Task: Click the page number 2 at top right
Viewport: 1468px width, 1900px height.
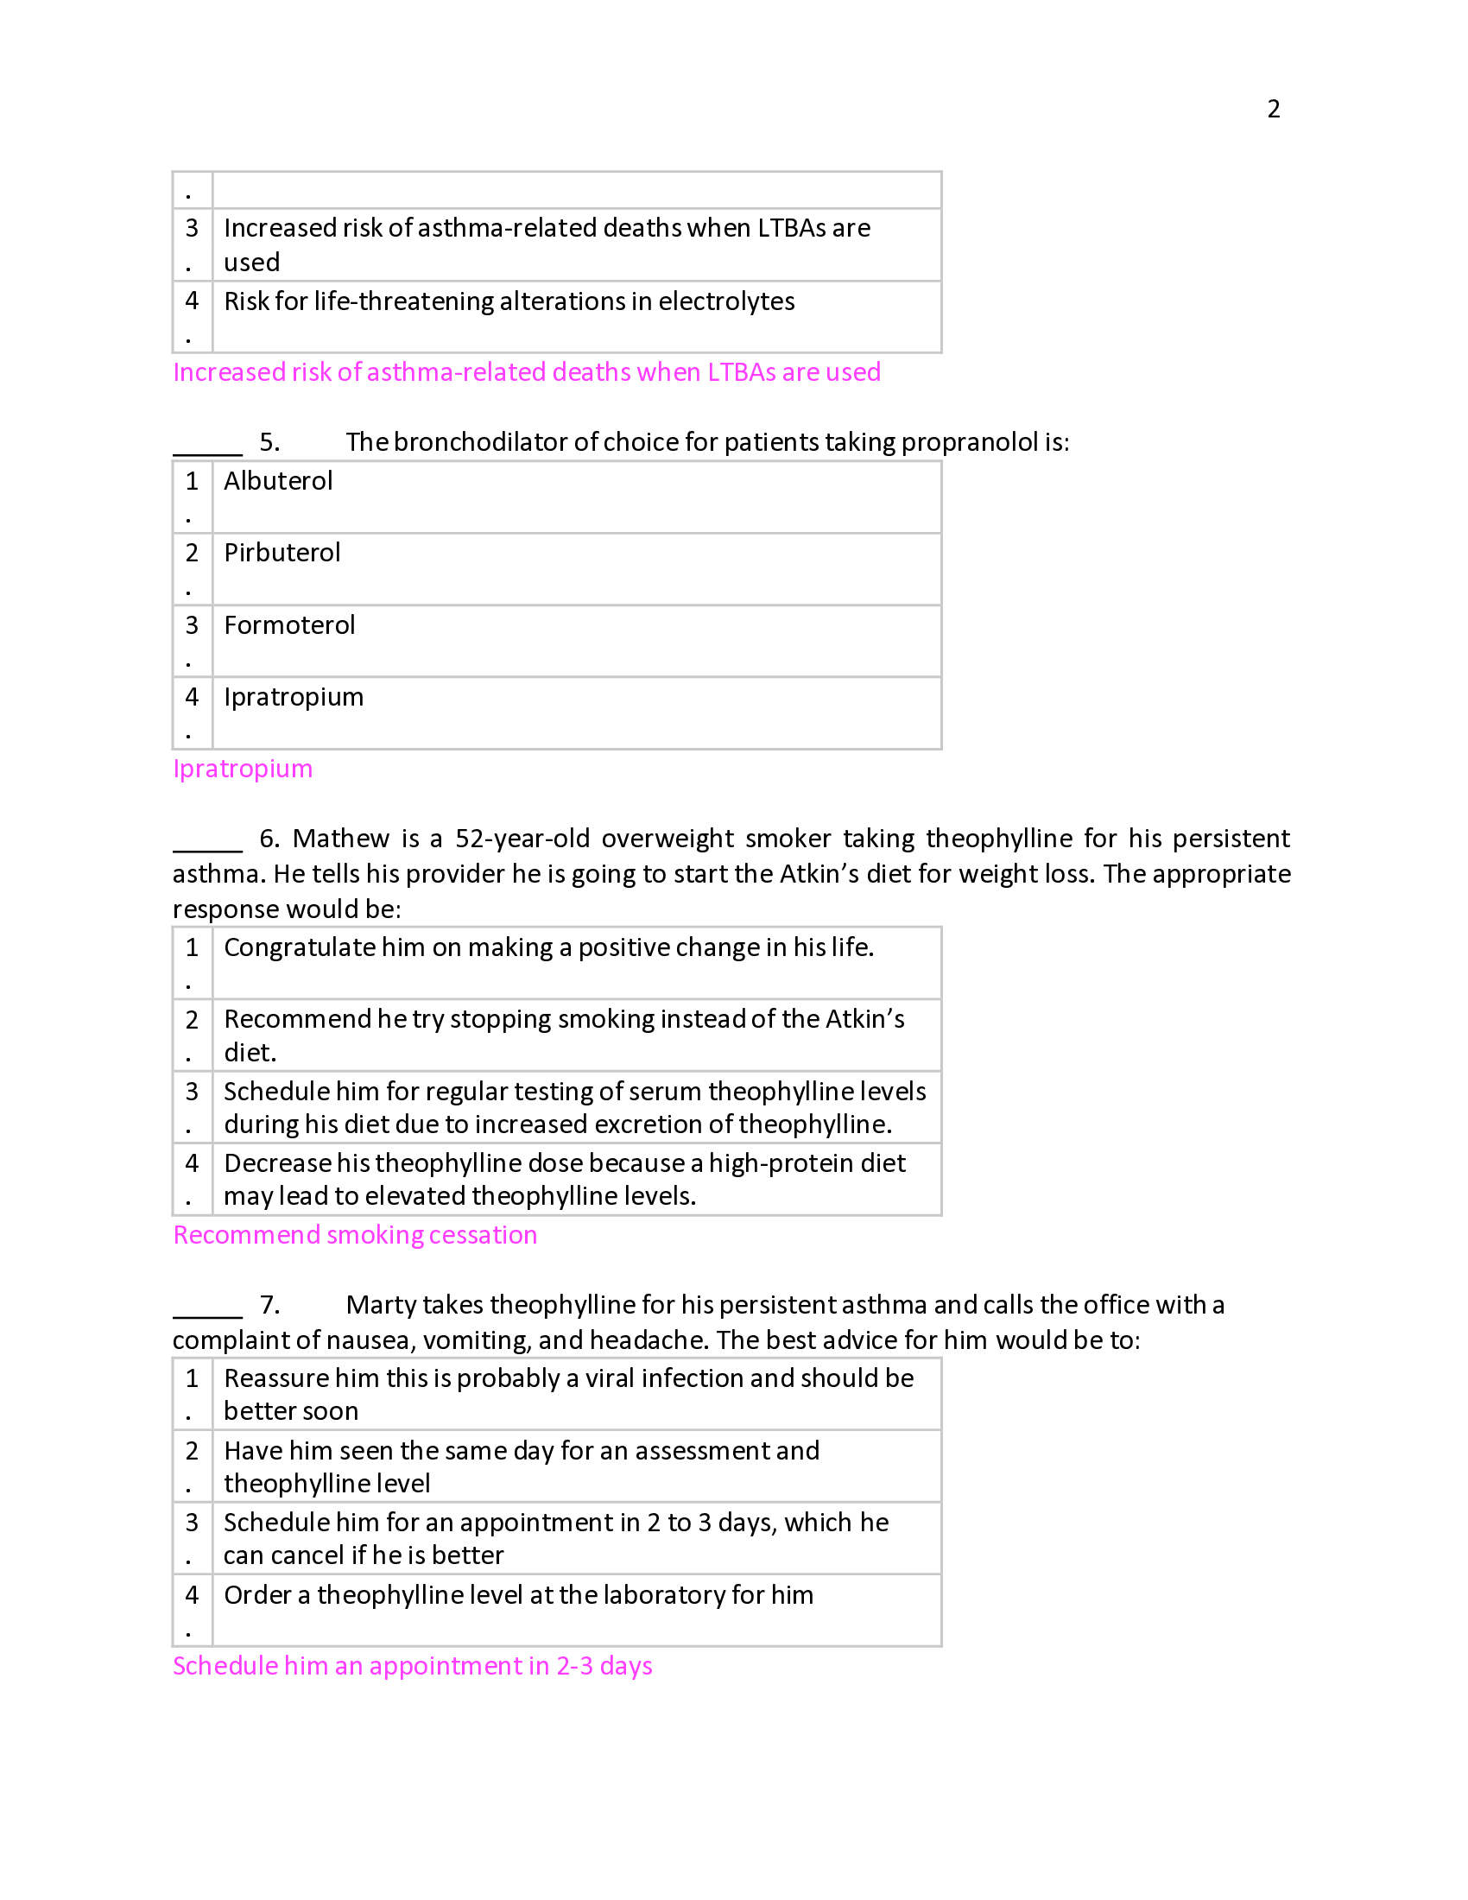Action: point(1273,109)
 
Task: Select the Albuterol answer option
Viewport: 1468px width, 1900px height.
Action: point(278,481)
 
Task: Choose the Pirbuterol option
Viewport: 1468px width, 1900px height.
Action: point(282,554)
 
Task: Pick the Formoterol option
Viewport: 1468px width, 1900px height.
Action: point(288,625)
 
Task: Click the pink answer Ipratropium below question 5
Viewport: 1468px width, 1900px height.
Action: point(243,769)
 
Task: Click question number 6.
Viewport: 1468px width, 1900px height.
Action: point(269,839)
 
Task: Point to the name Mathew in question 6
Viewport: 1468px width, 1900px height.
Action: point(341,839)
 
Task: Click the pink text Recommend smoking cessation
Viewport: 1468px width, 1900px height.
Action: point(355,1235)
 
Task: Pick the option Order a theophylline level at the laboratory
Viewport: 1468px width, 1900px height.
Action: point(518,1594)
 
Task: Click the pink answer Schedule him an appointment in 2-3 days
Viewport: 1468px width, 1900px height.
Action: point(412,1666)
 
